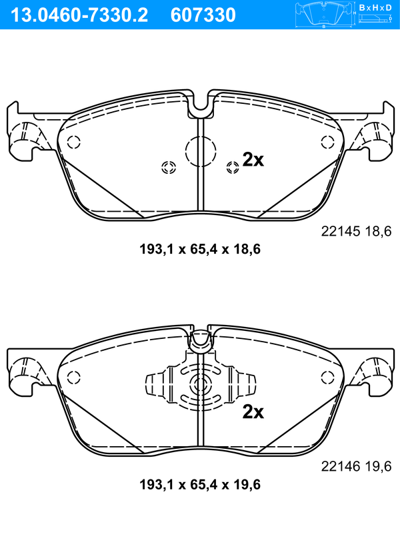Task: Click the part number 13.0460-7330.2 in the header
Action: click(79, 15)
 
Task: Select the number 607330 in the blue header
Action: click(203, 15)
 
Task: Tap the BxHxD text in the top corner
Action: click(375, 7)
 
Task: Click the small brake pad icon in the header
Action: click(323, 15)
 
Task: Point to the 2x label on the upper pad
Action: click(253, 160)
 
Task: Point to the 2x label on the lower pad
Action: click(253, 412)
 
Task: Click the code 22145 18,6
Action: click(356, 232)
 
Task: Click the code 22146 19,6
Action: click(356, 466)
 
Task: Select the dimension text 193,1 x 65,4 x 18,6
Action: click(200, 249)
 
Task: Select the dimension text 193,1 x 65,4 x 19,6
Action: click(200, 485)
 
